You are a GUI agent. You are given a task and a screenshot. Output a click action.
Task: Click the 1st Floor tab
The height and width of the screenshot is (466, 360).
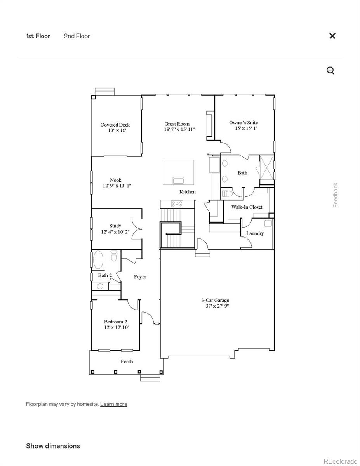point(38,36)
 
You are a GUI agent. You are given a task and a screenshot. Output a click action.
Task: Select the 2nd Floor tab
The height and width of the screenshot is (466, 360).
point(77,36)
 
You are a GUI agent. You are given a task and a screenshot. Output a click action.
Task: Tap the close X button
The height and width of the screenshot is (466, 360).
point(332,36)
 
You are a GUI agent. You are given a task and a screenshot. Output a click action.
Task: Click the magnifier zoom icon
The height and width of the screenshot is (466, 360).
point(330,70)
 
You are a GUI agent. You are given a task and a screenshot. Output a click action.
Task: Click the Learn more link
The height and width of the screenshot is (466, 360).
point(113,404)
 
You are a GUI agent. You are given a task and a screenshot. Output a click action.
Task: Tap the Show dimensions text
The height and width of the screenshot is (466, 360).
point(53,446)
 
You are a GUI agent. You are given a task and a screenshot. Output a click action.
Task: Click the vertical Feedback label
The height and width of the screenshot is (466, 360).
point(336,195)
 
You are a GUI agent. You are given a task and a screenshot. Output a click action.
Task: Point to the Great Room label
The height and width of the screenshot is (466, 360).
point(177,124)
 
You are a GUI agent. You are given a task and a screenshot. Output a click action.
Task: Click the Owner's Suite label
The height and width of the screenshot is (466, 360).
point(243,123)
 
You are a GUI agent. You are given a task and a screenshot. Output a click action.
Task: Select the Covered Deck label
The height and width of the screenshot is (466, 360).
point(115,125)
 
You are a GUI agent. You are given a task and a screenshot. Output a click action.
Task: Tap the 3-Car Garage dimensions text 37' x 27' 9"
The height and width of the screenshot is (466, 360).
point(217,306)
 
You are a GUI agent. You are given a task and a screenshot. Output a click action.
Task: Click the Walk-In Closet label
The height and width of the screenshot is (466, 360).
point(247,207)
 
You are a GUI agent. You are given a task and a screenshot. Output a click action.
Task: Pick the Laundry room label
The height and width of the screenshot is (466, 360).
point(255,233)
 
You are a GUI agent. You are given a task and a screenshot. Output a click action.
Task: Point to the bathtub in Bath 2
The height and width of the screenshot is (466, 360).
point(98,260)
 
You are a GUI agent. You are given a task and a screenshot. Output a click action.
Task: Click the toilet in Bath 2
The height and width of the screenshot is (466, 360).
point(114,257)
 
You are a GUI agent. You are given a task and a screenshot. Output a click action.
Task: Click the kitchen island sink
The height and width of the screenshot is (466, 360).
point(179,180)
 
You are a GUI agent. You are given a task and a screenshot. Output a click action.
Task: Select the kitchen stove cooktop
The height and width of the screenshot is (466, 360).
point(177,203)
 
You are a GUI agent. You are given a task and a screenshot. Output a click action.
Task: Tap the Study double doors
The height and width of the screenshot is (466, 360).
point(137,229)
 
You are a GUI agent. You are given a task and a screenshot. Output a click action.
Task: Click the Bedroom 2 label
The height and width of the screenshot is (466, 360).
point(115,322)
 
